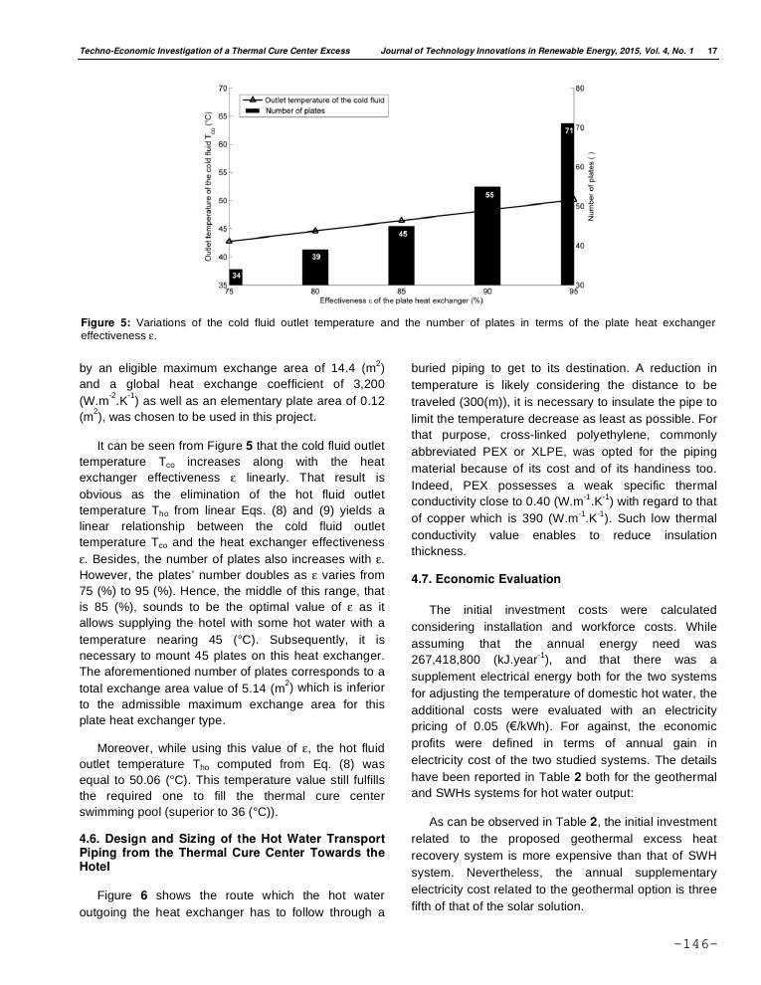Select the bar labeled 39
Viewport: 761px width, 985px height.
pyautogui.click(x=315, y=267)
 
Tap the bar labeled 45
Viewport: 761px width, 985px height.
pyautogui.click(x=402, y=256)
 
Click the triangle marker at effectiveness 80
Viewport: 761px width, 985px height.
pyautogui.click(x=315, y=231)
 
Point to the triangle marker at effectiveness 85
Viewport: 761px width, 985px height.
pyautogui.click(x=402, y=220)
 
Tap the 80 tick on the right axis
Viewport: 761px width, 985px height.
pyautogui.click(x=580, y=89)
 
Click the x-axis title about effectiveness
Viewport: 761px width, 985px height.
pyautogui.click(x=402, y=299)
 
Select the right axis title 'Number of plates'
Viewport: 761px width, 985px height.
pyautogui.click(x=593, y=186)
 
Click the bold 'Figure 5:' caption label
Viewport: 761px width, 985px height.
pyautogui.click(x=103, y=323)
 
